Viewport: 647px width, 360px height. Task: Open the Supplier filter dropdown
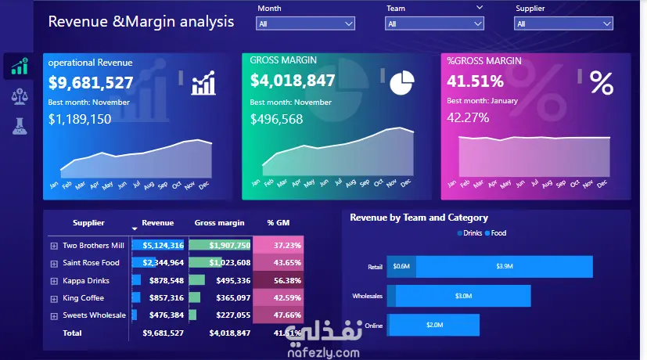coord(563,24)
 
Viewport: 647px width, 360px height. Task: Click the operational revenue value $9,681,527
coord(91,82)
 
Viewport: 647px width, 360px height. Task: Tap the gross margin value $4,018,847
coord(293,81)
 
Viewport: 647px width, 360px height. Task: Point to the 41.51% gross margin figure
coord(475,81)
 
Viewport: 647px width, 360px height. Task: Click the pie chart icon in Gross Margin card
coord(402,81)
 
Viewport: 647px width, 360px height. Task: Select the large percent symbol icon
coord(602,82)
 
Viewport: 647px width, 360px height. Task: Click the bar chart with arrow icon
coord(203,82)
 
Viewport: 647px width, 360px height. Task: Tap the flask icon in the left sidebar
coord(18,124)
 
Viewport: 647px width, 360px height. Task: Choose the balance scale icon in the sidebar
coord(18,95)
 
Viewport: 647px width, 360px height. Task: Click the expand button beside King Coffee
coord(54,298)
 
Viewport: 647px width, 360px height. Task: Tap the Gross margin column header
coord(219,223)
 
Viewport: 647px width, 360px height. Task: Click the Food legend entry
coord(495,233)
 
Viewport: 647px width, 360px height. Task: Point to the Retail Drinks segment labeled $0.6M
coord(401,267)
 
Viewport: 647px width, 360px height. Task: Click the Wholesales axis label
coord(368,297)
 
